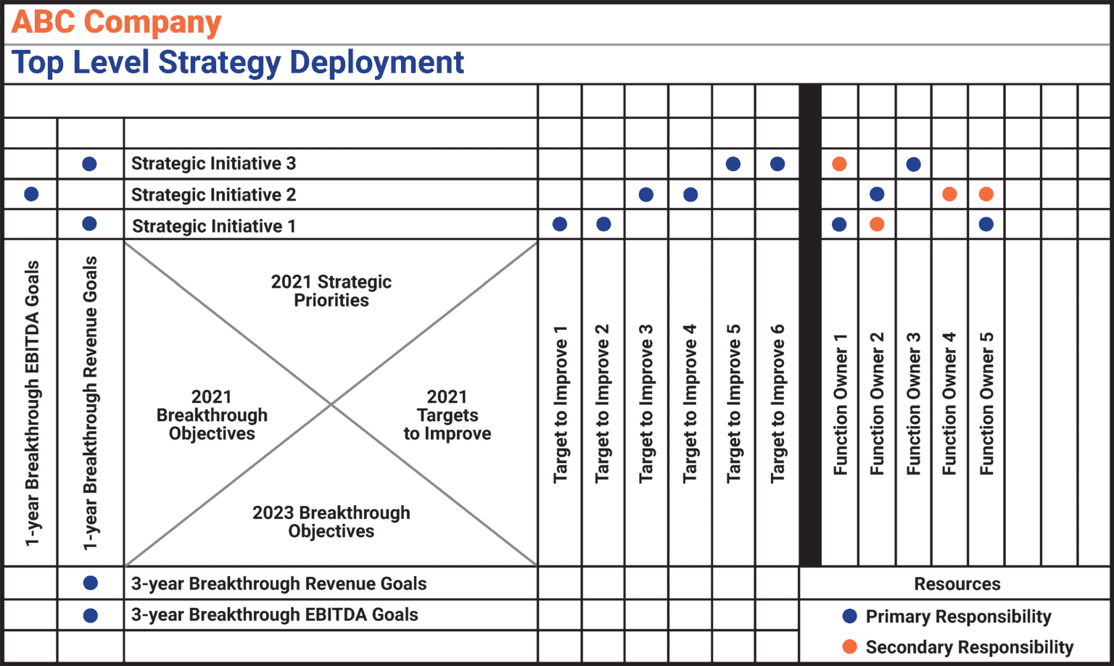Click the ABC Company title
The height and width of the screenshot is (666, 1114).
coord(116,22)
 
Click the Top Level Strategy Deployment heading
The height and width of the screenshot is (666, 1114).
coord(238,62)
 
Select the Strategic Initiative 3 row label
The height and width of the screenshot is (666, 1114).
coord(213,164)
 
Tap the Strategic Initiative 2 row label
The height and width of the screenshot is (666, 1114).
coord(213,195)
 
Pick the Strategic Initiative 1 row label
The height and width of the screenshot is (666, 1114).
coord(213,226)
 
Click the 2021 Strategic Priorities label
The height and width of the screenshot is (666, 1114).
coord(331,291)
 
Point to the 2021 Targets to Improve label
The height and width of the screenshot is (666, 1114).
coord(447,415)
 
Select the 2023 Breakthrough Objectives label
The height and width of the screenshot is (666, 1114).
coord(331,522)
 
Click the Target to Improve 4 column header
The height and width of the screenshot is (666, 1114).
coord(690,403)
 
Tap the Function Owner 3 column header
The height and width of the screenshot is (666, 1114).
coord(914,403)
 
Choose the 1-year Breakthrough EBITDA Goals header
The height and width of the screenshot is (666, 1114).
coord(32,403)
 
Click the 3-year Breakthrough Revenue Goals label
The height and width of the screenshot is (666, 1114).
coord(278,584)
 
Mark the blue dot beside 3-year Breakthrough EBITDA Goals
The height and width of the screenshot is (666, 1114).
coord(91,615)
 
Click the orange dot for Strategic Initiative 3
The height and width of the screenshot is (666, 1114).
coord(839,164)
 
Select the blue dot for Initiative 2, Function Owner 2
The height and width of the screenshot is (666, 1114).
coord(877,194)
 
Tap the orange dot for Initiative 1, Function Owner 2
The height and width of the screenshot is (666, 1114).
coord(877,225)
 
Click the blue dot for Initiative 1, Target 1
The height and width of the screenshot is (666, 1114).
coord(560,225)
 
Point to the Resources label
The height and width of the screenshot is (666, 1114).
coord(957,584)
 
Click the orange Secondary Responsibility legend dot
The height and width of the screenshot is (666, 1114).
coord(850,646)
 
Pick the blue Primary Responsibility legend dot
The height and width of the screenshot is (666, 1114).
coord(850,616)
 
